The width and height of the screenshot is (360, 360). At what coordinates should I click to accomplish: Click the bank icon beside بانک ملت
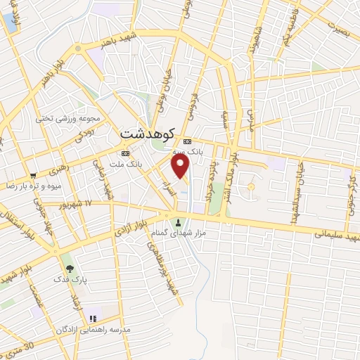coord(125,153)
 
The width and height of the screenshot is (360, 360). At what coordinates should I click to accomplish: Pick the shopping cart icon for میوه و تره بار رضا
coord(33,175)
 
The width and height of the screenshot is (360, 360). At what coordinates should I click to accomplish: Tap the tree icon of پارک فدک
coord(68,268)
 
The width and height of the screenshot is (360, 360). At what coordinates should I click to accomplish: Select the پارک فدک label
coord(69,280)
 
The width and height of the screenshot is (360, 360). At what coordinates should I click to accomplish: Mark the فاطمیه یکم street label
coord(291,25)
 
